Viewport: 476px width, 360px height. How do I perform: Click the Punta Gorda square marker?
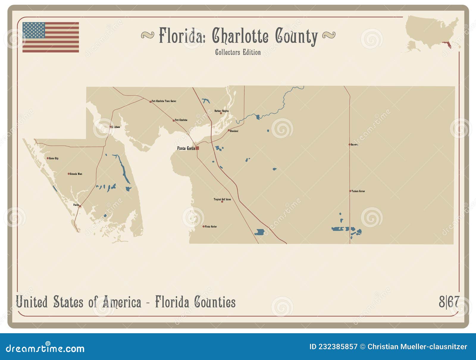tap(197, 148)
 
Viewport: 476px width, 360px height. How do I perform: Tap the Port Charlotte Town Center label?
tap(164, 101)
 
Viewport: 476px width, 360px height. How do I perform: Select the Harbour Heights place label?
tap(222, 111)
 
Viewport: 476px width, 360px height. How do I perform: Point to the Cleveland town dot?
tap(229, 130)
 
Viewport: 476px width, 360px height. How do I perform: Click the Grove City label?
tap(54, 158)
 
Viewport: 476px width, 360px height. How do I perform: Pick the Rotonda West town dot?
tap(69, 174)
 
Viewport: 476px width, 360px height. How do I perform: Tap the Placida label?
tap(76, 205)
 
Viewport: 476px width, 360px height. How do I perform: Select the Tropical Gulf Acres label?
tap(222, 199)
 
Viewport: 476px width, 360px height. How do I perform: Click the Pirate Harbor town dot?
tap(203, 226)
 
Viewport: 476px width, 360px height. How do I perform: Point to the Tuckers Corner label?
tap(358, 191)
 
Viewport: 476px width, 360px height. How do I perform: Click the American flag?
tap(51, 37)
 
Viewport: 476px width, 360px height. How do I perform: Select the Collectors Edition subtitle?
tap(238, 52)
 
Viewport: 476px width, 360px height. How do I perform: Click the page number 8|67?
tap(449, 302)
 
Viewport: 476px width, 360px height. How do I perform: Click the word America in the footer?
tap(122, 302)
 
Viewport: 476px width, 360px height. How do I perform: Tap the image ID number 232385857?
tap(338, 347)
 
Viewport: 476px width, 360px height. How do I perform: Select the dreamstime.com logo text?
tap(45, 348)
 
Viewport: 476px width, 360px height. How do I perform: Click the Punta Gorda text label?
tap(186, 148)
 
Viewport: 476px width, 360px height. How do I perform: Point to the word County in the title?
tap(296, 36)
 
